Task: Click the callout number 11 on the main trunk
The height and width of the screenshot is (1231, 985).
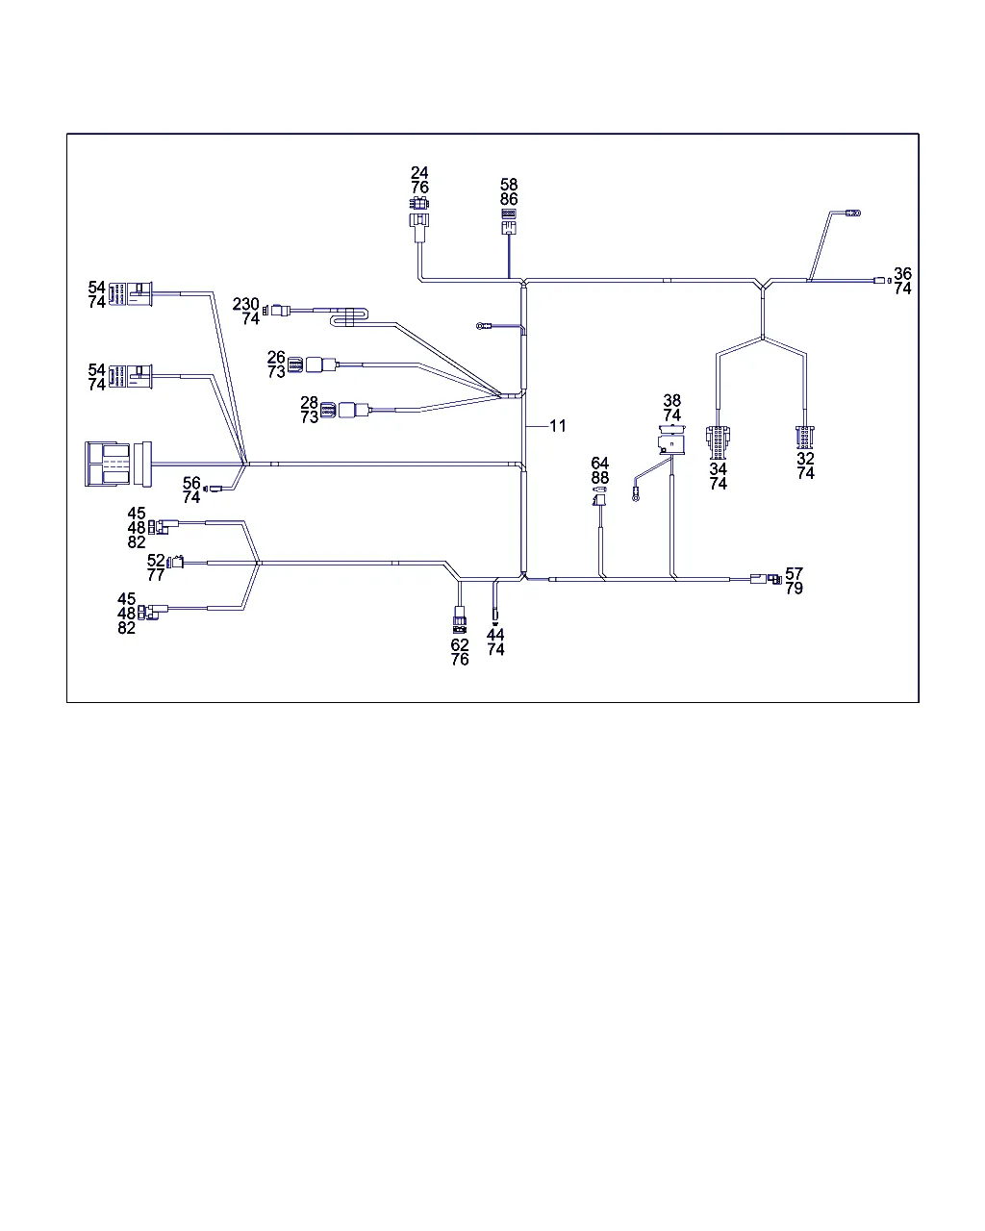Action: [558, 425]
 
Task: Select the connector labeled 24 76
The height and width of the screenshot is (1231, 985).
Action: [417, 214]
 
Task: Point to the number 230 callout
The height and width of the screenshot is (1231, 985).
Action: [246, 304]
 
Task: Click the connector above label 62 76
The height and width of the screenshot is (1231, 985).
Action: [460, 619]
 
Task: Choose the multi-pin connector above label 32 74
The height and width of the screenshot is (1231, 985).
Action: [804, 438]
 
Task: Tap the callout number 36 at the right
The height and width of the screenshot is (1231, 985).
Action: [901, 274]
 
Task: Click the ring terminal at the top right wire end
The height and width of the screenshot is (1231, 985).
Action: [852, 213]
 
